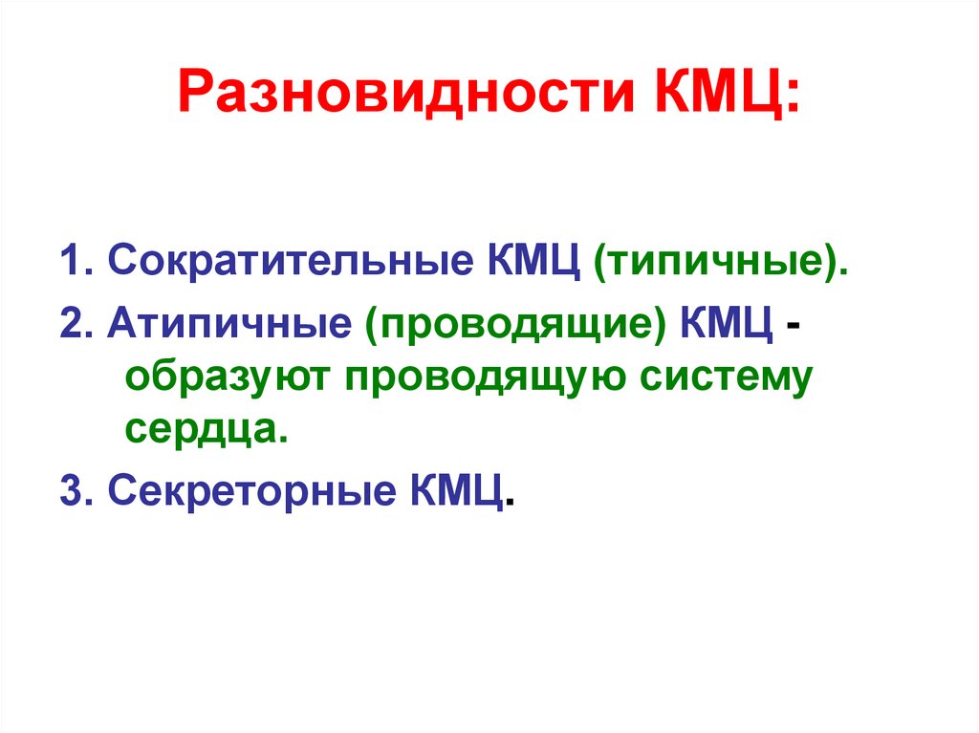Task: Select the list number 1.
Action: (72, 260)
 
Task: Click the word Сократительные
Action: (283, 260)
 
